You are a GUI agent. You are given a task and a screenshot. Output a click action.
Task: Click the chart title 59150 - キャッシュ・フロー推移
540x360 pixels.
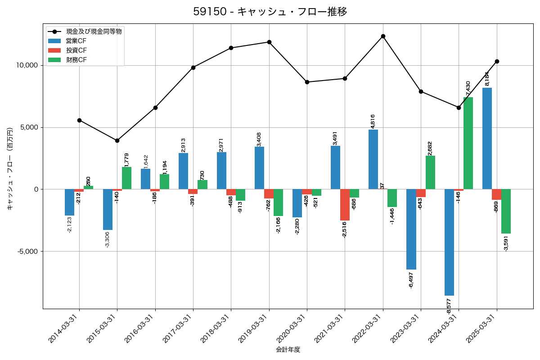270,12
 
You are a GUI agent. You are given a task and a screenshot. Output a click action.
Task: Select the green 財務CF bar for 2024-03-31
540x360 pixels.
468,143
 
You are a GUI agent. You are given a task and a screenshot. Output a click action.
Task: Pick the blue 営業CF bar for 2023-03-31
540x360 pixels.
411,229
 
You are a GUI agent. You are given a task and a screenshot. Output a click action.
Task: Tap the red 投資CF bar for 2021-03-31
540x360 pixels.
345,205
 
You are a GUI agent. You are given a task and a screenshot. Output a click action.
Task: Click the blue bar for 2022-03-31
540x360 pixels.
373,159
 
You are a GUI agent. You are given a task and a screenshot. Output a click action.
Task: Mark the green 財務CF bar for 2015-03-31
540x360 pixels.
127,178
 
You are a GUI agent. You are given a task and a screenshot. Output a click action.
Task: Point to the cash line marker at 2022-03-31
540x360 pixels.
383,36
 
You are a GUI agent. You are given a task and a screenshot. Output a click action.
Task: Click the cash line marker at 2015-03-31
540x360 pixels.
117,140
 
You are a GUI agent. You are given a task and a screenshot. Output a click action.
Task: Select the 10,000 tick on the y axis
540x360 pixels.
27,65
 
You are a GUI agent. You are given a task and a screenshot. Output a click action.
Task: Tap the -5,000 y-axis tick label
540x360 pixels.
27,251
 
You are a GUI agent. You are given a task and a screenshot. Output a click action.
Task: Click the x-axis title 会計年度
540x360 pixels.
288,350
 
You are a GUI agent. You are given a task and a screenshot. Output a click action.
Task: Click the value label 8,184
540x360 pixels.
487,79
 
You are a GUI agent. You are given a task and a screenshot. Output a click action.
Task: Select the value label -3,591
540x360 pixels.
506,243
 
